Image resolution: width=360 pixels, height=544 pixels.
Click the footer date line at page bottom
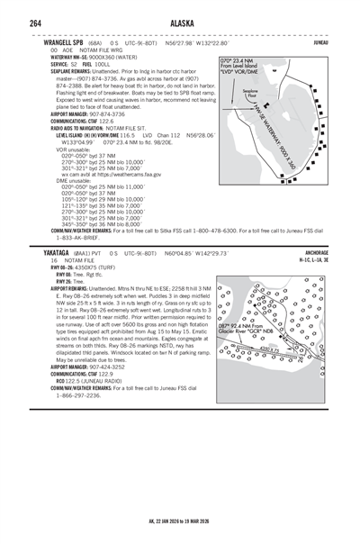(x=179, y=521)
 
